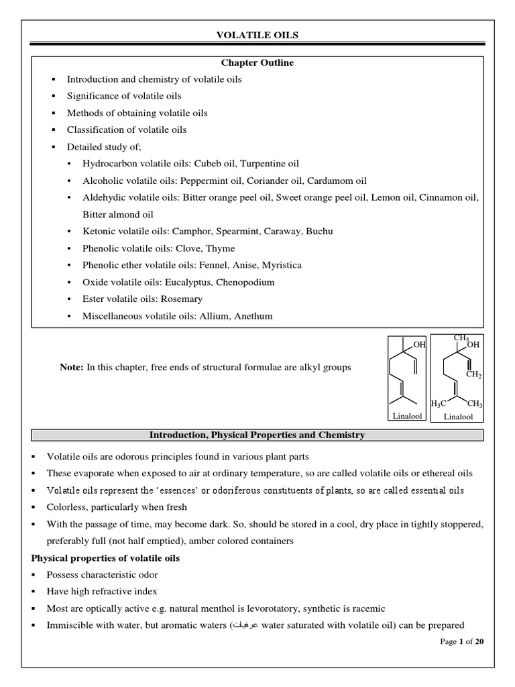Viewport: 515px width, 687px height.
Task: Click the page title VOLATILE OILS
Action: click(257, 36)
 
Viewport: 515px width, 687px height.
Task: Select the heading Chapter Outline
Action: click(257, 62)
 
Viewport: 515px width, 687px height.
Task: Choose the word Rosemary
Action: click(180, 299)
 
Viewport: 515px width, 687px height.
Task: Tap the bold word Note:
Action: click(72, 367)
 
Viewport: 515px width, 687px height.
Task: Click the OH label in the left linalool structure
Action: click(420, 345)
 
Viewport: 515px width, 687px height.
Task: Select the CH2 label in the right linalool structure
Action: click(473, 375)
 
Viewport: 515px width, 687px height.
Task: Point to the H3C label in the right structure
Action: click(438, 404)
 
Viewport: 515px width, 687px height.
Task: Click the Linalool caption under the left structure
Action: click(408, 417)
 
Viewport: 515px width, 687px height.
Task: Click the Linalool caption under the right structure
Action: click(458, 417)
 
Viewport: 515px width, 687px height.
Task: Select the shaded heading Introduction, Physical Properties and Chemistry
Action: click(257, 435)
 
